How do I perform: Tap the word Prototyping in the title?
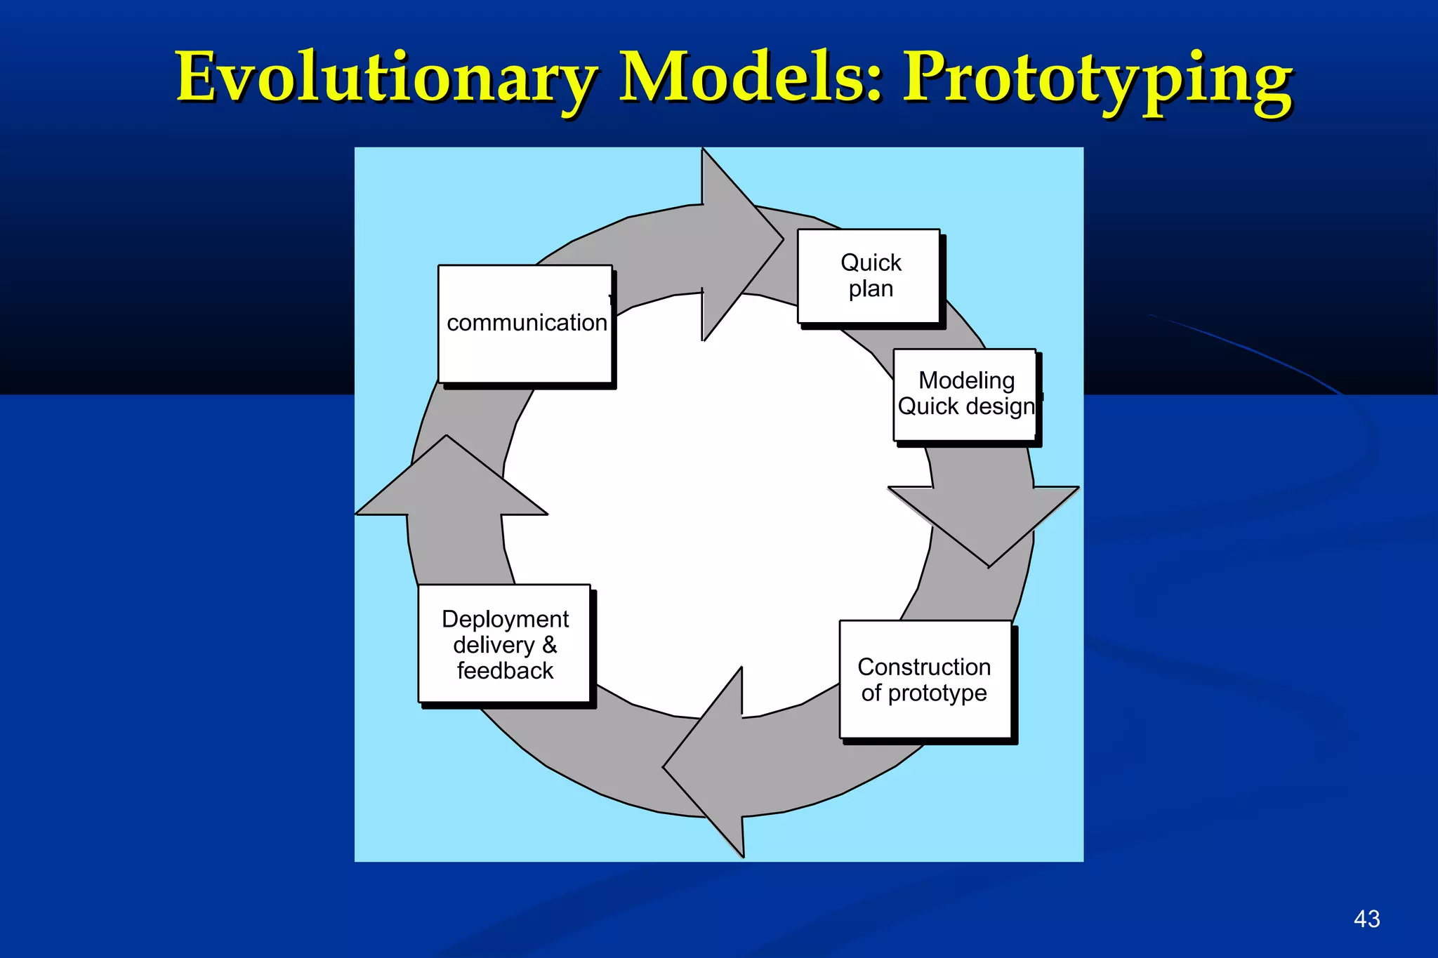coord(1097,79)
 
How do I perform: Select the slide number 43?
coord(1366,919)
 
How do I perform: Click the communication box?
coord(525,324)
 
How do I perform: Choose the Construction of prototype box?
coord(925,679)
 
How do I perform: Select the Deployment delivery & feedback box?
coord(504,644)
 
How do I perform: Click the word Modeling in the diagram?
coord(966,380)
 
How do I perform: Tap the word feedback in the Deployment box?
coord(505,671)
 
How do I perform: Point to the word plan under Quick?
coord(871,288)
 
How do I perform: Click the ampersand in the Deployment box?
coord(549,644)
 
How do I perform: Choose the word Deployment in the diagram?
coord(505,619)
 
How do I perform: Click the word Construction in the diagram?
coord(924,667)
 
